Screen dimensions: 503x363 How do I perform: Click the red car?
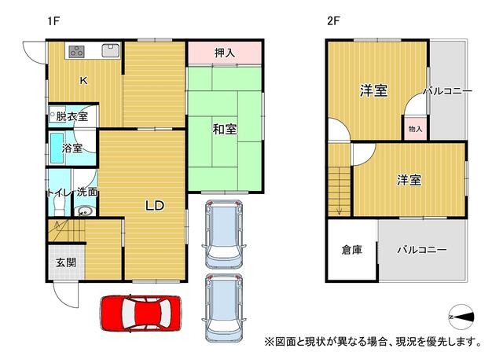point(141,313)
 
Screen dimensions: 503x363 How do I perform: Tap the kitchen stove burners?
point(77,51)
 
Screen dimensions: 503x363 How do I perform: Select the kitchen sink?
point(111,50)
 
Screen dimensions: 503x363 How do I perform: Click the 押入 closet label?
point(225,53)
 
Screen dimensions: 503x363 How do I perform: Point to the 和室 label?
point(225,129)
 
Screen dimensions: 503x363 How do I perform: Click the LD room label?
point(155,206)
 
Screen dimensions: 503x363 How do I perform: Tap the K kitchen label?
point(83,80)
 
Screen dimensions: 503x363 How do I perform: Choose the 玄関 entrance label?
point(66,262)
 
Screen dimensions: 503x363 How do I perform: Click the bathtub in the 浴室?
point(57,148)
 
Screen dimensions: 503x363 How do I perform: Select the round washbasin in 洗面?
point(85,211)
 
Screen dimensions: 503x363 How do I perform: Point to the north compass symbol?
point(461,317)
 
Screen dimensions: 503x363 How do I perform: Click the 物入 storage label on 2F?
point(415,129)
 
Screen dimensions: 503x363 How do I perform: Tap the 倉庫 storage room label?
point(352,250)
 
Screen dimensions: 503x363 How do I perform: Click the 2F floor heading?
point(333,21)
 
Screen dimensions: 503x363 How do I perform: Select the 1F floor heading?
point(53,21)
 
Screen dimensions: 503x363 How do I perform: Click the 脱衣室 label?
point(72,116)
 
